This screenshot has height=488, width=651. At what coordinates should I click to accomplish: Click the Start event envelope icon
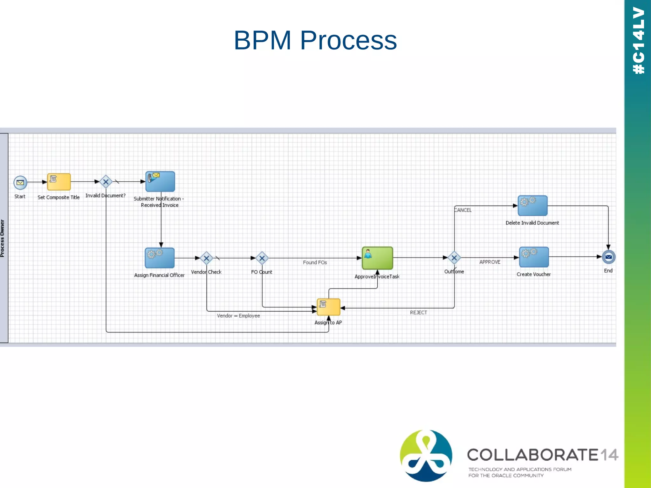click(20, 183)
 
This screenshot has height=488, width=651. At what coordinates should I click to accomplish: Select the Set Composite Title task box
click(59, 182)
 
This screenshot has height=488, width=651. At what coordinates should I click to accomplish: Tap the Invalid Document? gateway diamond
click(106, 182)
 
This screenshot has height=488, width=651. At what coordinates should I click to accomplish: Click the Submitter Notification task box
click(160, 181)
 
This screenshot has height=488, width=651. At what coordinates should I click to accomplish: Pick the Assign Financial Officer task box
click(160, 258)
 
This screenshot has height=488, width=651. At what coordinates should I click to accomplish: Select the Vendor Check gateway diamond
click(207, 258)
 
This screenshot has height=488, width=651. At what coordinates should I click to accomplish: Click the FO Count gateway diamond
click(262, 258)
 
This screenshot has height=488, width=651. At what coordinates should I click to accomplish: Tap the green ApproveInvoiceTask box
click(377, 258)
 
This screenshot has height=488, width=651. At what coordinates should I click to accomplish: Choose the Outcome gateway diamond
click(454, 258)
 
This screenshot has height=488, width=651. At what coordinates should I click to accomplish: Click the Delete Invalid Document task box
click(532, 206)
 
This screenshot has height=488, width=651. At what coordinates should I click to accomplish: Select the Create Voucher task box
click(534, 257)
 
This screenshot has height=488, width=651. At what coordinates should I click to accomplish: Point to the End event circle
click(608, 257)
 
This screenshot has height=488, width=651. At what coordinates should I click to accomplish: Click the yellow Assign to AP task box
click(328, 307)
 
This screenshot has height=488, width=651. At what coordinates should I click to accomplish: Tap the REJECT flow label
click(418, 313)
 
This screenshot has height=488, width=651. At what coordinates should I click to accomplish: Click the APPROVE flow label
click(490, 262)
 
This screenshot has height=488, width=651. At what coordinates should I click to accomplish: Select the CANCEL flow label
click(463, 210)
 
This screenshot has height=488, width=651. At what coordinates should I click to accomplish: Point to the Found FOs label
click(315, 262)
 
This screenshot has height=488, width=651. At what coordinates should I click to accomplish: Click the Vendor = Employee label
click(238, 316)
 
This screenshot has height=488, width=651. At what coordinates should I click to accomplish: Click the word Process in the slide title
click(348, 40)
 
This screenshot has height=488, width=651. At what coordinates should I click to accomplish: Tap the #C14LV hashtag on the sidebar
click(638, 41)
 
